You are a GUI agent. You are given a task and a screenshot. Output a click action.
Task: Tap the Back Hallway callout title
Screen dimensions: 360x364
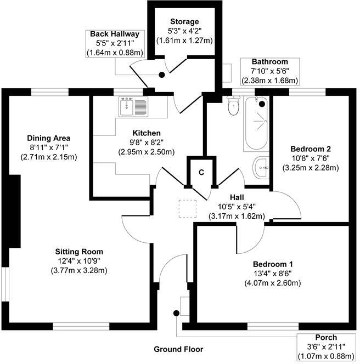coord(115,34)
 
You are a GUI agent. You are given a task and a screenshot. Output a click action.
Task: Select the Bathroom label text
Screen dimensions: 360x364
coord(269,61)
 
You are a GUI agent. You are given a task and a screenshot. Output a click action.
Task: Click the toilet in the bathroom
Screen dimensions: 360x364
coord(233,105)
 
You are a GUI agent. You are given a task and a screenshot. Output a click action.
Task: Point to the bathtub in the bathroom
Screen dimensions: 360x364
coord(255,124)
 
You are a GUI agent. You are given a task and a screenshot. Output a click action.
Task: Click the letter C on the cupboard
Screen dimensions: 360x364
coord(201,172)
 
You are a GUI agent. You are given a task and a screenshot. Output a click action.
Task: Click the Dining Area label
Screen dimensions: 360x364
coord(49,138)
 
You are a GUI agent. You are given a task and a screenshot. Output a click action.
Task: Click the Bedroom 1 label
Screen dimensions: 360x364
coord(273,264)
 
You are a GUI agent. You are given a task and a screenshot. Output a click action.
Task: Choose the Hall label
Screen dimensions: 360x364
coord(237,197)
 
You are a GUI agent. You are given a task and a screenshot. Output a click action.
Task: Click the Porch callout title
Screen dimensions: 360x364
coord(326,337)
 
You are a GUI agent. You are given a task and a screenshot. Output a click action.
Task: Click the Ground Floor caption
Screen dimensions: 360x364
coord(178,349)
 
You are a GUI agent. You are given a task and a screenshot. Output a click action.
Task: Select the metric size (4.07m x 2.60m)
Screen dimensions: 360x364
coord(273,283)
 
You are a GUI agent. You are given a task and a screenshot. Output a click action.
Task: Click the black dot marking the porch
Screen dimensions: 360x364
coord(176,313)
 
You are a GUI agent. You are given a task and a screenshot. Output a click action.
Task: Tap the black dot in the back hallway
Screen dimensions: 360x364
coord(162,75)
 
